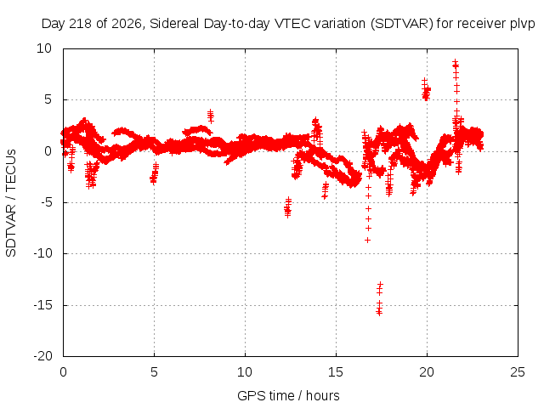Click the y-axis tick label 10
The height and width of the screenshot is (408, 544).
(x=44, y=48)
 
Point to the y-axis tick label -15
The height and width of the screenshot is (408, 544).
(x=42, y=306)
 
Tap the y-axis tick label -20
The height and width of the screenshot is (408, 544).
(x=42, y=356)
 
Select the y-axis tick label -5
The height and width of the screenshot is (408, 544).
(x=46, y=202)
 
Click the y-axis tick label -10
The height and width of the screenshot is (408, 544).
(x=42, y=253)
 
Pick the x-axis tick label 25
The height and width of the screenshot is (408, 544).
(x=518, y=372)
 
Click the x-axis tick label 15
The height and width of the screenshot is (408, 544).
(x=336, y=372)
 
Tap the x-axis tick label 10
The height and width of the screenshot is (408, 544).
(x=245, y=372)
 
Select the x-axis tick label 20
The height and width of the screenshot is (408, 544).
(x=427, y=372)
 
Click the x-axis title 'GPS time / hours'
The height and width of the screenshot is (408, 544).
(x=288, y=396)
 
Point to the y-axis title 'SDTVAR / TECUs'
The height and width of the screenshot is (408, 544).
(x=11, y=203)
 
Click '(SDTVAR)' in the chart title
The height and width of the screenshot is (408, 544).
(x=402, y=25)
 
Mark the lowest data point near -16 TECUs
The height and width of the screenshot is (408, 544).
(x=380, y=314)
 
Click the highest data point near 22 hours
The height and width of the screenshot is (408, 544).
(x=456, y=61)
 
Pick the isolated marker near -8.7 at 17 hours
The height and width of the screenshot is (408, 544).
(x=368, y=240)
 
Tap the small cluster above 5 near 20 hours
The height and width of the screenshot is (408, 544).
(x=426, y=90)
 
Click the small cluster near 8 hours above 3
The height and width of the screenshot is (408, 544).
(x=211, y=116)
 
